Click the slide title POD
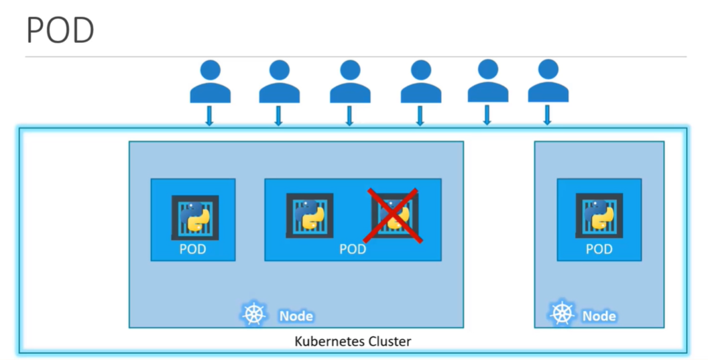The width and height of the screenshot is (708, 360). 60,31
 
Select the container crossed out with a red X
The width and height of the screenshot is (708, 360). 394,215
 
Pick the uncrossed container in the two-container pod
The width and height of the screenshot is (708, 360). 309,215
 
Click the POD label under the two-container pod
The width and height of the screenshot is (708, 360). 353,249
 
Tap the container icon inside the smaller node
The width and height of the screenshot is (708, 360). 599,215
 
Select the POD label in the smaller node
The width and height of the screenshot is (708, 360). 599,249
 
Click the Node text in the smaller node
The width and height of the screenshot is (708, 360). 599,316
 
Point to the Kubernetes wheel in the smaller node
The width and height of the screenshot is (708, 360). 562,314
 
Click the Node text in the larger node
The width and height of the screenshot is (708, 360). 296,316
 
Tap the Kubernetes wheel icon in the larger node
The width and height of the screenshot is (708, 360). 254,314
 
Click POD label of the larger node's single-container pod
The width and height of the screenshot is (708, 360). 193,249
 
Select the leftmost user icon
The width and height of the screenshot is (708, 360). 209,81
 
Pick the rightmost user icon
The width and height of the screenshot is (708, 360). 548,81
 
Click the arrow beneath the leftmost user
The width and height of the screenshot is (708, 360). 209,116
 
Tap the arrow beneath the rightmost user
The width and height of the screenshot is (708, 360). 548,115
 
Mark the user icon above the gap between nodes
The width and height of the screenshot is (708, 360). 487,81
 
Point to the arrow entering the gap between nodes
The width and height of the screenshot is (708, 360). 487,115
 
